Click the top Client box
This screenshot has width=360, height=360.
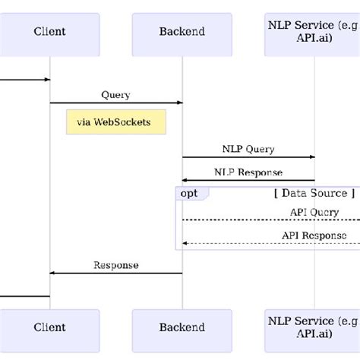coord(50,31)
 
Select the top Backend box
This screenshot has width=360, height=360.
coord(182,31)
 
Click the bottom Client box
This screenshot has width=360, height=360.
coord(50,328)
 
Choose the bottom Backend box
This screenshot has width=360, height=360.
coord(182,328)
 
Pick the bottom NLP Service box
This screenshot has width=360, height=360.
coord(312,328)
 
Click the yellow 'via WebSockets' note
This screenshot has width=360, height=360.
coord(115,122)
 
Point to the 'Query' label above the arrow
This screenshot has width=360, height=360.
coord(115,95)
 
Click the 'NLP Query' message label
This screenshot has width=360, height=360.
coord(248,150)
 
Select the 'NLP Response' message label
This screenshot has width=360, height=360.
coord(248,172)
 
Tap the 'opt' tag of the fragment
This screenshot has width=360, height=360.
coord(190,194)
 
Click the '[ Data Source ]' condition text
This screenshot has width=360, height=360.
coord(314,194)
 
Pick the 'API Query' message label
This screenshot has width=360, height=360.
coord(314,213)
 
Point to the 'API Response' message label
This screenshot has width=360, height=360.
coord(314,235)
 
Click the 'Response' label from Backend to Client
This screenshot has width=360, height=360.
coord(115,265)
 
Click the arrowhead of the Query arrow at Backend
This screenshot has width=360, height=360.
coord(179,103)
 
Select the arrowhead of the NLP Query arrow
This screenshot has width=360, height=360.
coord(311,157)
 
